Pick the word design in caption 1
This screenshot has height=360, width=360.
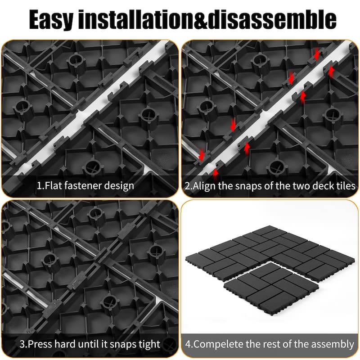[x=120, y=185]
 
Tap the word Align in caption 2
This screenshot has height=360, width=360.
[x=204, y=185]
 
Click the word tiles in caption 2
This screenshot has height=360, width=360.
[x=344, y=185]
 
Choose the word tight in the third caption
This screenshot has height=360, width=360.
[x=148, y=344]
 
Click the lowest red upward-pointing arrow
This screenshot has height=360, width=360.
[x=215, y=172]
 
